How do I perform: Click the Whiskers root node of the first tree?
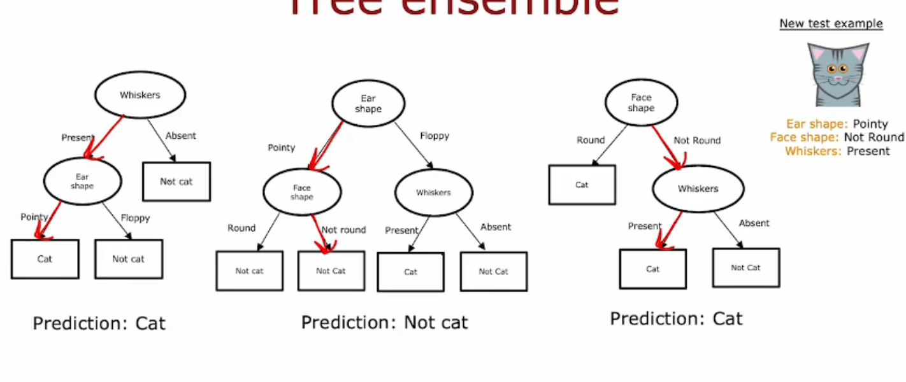pos(140,95)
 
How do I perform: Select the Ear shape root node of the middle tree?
pos(368,104)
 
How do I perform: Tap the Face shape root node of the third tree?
pos(641,103)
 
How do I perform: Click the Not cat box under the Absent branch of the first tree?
pos(176,181)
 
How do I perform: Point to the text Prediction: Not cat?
pos(384,322)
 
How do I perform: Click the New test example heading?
pos(831,24)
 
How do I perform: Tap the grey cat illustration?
pos(838,74)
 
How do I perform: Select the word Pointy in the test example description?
pos(870,124)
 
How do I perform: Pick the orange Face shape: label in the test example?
pos(805,138)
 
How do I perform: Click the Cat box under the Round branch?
pos(582,185)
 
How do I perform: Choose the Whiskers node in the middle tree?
pos(433,192)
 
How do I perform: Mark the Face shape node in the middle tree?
pos(302,192)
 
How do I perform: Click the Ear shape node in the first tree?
pos(82,181)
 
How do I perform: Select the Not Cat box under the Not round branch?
pos(331,271)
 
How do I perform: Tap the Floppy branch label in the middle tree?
pos(435,136)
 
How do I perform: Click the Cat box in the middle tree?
pos(411,272)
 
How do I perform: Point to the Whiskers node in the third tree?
pos(698,188)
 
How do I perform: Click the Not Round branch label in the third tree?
pos(697,140)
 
